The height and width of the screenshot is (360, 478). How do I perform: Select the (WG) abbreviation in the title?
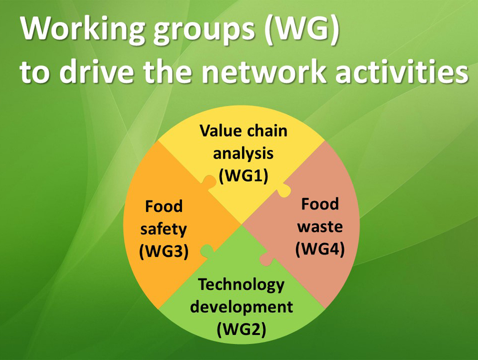(x=302, y=29)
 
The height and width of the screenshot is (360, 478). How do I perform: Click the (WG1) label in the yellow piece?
(x=244, y=176)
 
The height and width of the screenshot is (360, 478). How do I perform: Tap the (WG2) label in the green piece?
(x=241, y=329)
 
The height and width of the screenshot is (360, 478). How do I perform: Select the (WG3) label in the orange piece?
(x=163, y=252)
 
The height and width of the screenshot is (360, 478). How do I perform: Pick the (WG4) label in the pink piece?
(x=320, y=249)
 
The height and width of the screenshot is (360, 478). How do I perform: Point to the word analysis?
(x=243, y=153)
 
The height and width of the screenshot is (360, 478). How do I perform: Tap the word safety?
(x=163, y=229)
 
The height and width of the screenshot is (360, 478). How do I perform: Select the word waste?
(x=320, y=227)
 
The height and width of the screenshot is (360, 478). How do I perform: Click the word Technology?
(x=241, y=285)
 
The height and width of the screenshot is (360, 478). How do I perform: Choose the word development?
(x=241, y=307)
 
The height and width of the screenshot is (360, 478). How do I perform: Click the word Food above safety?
(x=163, y=207)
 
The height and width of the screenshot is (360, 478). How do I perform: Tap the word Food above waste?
(x=320, y=204)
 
